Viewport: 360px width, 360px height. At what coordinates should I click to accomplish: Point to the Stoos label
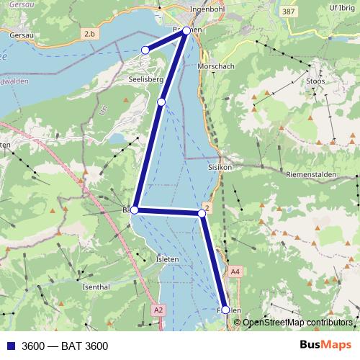[x=315, y=81]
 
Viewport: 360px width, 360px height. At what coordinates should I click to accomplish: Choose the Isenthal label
[x=96, y=287]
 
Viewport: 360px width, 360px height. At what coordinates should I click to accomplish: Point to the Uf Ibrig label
[x=342, y=8]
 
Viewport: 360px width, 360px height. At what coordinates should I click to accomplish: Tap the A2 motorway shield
[x=159, y=309]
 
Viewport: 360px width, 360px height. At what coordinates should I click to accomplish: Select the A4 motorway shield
[x=235, y=271]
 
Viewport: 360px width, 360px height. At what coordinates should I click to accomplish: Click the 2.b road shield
[x=89, y=34]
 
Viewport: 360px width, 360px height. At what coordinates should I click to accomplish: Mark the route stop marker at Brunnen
[x=186, y=31]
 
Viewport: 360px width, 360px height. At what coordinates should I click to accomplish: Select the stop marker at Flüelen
[x=225, y=310]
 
